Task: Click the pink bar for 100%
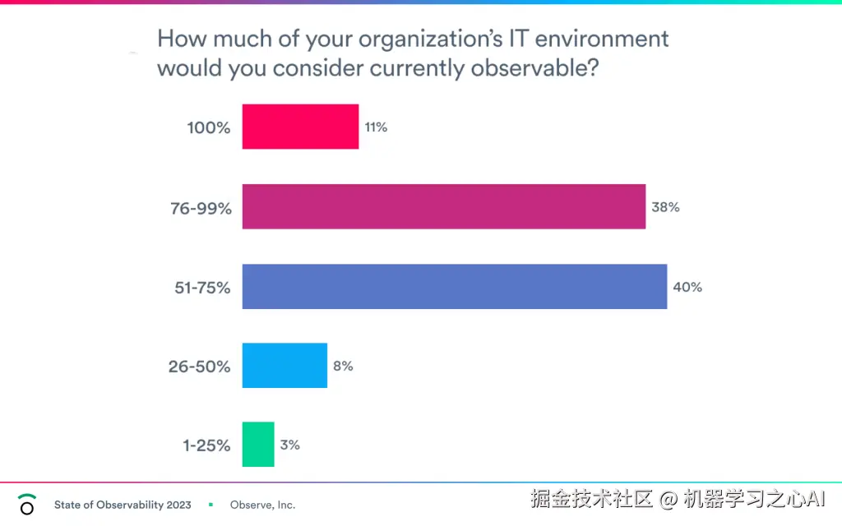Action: [300, 127]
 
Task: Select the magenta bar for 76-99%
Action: [443, 206]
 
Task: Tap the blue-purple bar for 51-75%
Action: [454, 287]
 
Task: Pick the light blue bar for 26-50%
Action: [285, 366]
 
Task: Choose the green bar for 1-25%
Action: [258, 445]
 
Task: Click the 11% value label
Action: [376, 127]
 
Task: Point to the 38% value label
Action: [665, 207]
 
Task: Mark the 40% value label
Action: [687, 288]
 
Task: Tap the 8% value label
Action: [343, 367]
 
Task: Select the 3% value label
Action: [289, 445]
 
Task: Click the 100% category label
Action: [209, 128]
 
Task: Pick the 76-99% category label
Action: [200, 208]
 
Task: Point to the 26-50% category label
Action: [199, 367]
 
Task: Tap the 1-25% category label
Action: [206, 446]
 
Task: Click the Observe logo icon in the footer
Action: [27, 504]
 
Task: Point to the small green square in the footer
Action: [211, 505]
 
